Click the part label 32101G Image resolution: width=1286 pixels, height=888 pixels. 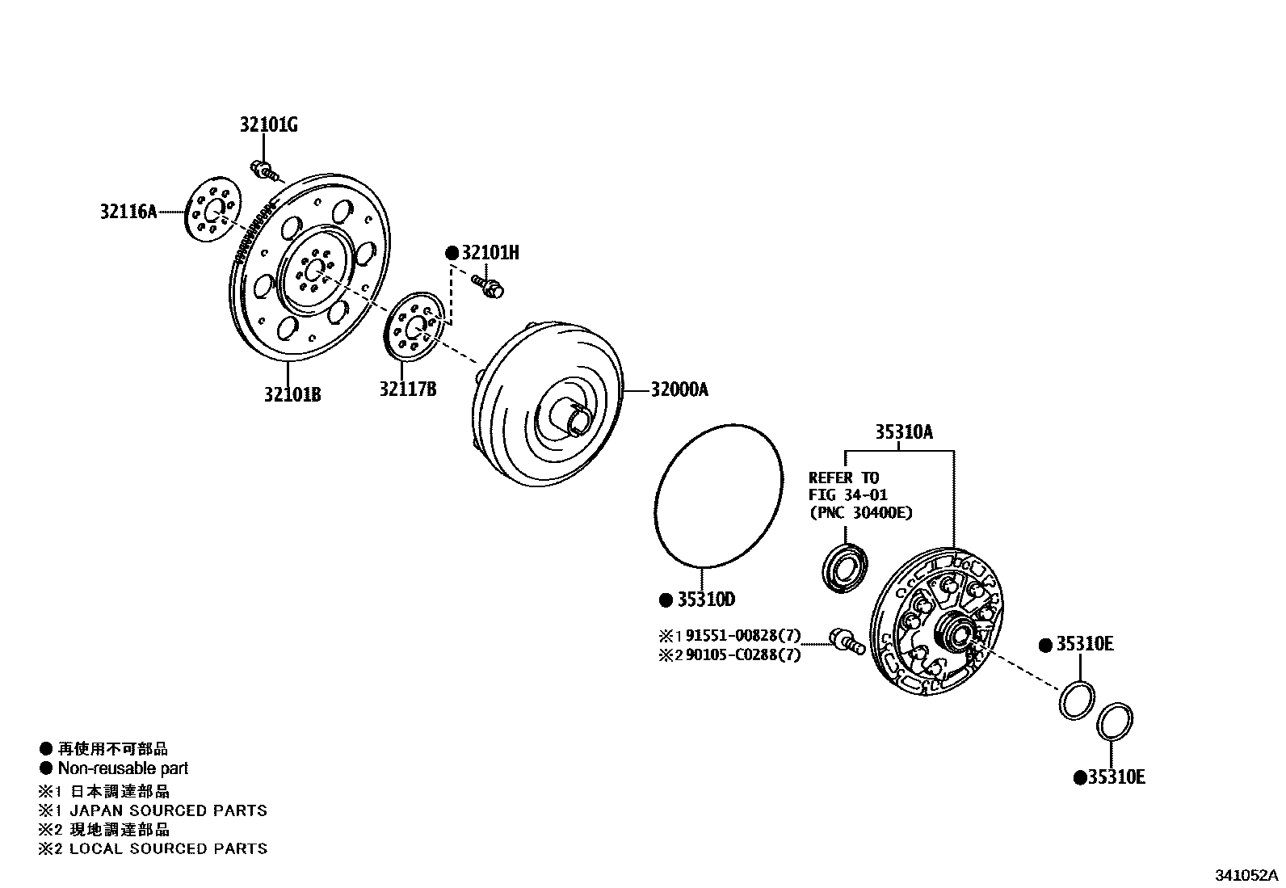pos(268,125)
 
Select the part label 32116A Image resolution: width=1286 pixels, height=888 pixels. pos(128,212)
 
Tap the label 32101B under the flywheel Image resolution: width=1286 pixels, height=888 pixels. pos(292,394)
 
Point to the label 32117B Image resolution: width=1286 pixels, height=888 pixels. pos(408,389)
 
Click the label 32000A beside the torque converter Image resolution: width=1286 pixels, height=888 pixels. pos(679,389)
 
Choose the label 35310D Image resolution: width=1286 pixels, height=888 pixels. pos(706,600)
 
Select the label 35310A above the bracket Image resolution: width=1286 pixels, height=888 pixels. pos(903,432)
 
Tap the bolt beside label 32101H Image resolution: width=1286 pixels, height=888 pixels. pos(487,286)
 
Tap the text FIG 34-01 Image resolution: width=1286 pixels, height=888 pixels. pos(847,495)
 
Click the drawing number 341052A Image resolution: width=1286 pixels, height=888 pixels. pos(1247,875)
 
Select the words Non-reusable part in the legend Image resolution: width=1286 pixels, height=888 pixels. pos(123,768)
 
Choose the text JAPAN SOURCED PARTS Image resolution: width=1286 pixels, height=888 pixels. pos(168,810)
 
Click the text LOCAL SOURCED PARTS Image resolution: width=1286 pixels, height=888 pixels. pos(168,848)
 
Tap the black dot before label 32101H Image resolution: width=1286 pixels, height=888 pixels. pos(452,254)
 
